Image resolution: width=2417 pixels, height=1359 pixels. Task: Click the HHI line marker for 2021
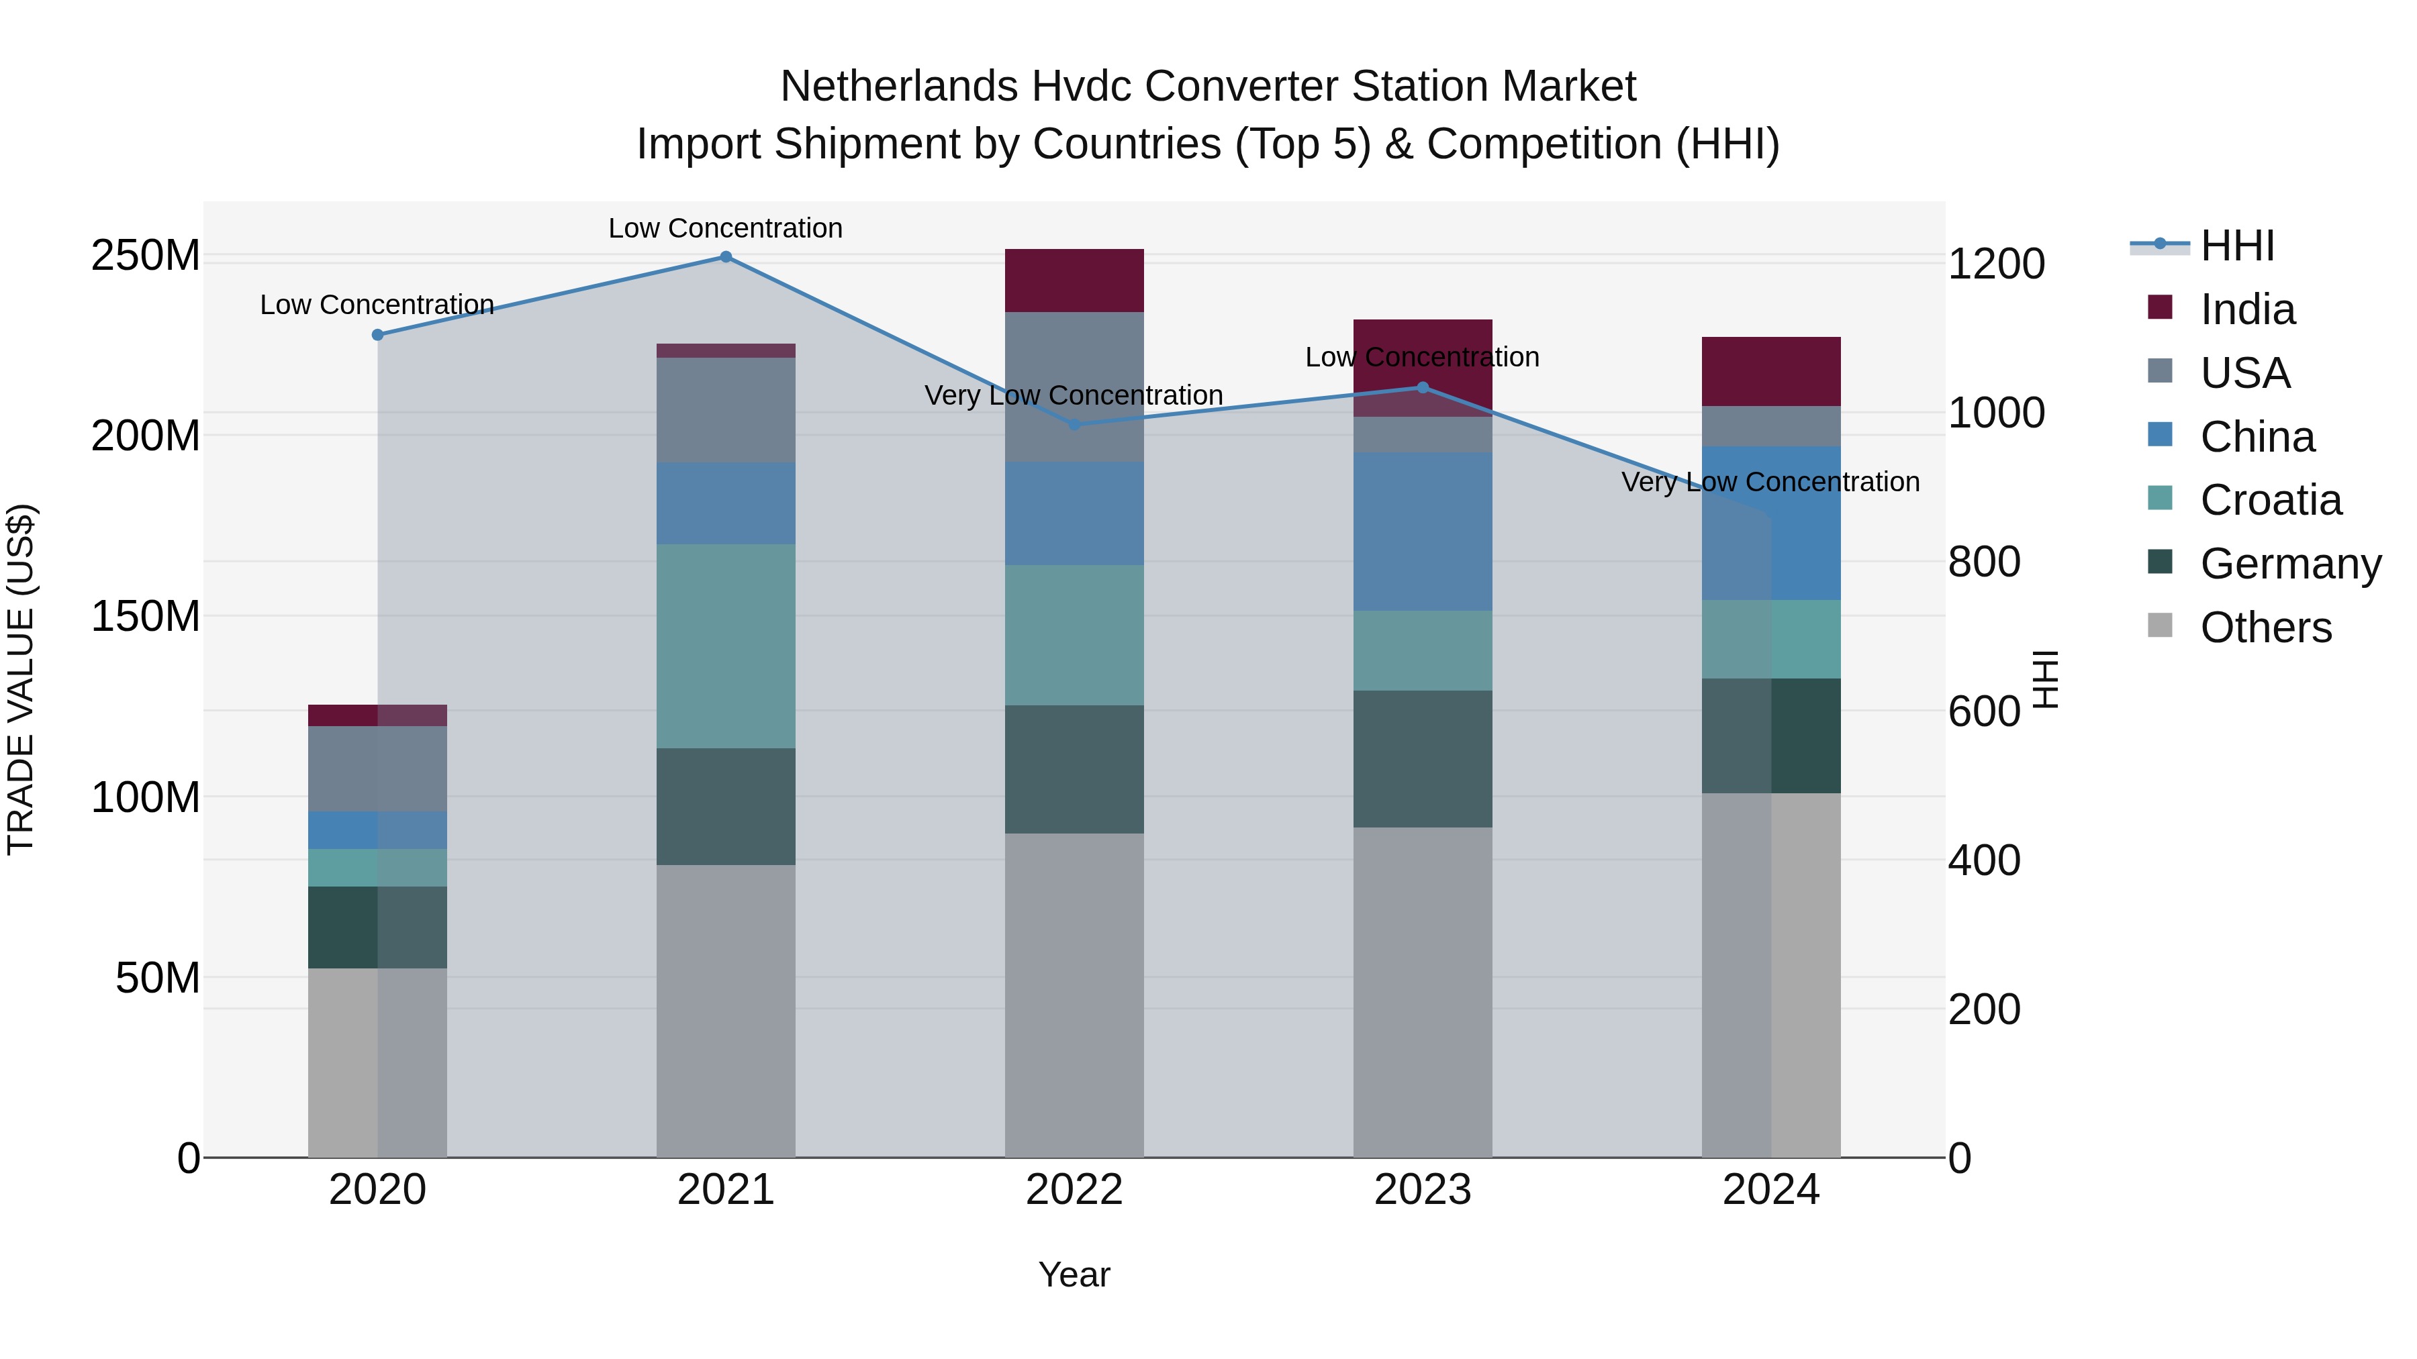[x=725, y=257]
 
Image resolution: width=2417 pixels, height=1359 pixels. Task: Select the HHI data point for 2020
[x=378, y=335]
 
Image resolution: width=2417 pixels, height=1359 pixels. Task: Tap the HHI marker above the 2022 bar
[x=1074, y=425]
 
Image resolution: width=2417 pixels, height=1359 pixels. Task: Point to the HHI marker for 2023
[x=1423, y=387]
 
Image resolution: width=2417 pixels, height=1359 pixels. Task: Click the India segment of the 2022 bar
[x=1074, y=281]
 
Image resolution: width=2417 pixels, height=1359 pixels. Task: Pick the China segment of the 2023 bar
[x=1423, y=532]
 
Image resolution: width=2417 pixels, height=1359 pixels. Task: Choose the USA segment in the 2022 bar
[x=1074, y=387]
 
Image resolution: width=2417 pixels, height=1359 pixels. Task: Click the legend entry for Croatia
[x=2270, y=500]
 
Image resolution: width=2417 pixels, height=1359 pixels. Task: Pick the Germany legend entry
[x=2289, y=564]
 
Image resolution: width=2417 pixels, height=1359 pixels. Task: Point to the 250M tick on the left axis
[x=146, y=255]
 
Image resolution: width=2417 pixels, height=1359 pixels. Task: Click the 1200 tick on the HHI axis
[x=1996, y=264]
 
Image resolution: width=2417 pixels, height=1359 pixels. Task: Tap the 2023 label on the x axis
[x=1423, y=1190]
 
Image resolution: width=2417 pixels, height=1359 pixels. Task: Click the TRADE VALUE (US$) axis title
[x=21, y=679]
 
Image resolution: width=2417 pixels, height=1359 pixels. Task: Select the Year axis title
[x=1074, y=1274]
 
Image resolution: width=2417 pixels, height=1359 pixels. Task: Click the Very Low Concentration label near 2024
[x=1770, y=482]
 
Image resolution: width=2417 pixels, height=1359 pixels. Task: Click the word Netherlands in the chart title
[x=899, y=87]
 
